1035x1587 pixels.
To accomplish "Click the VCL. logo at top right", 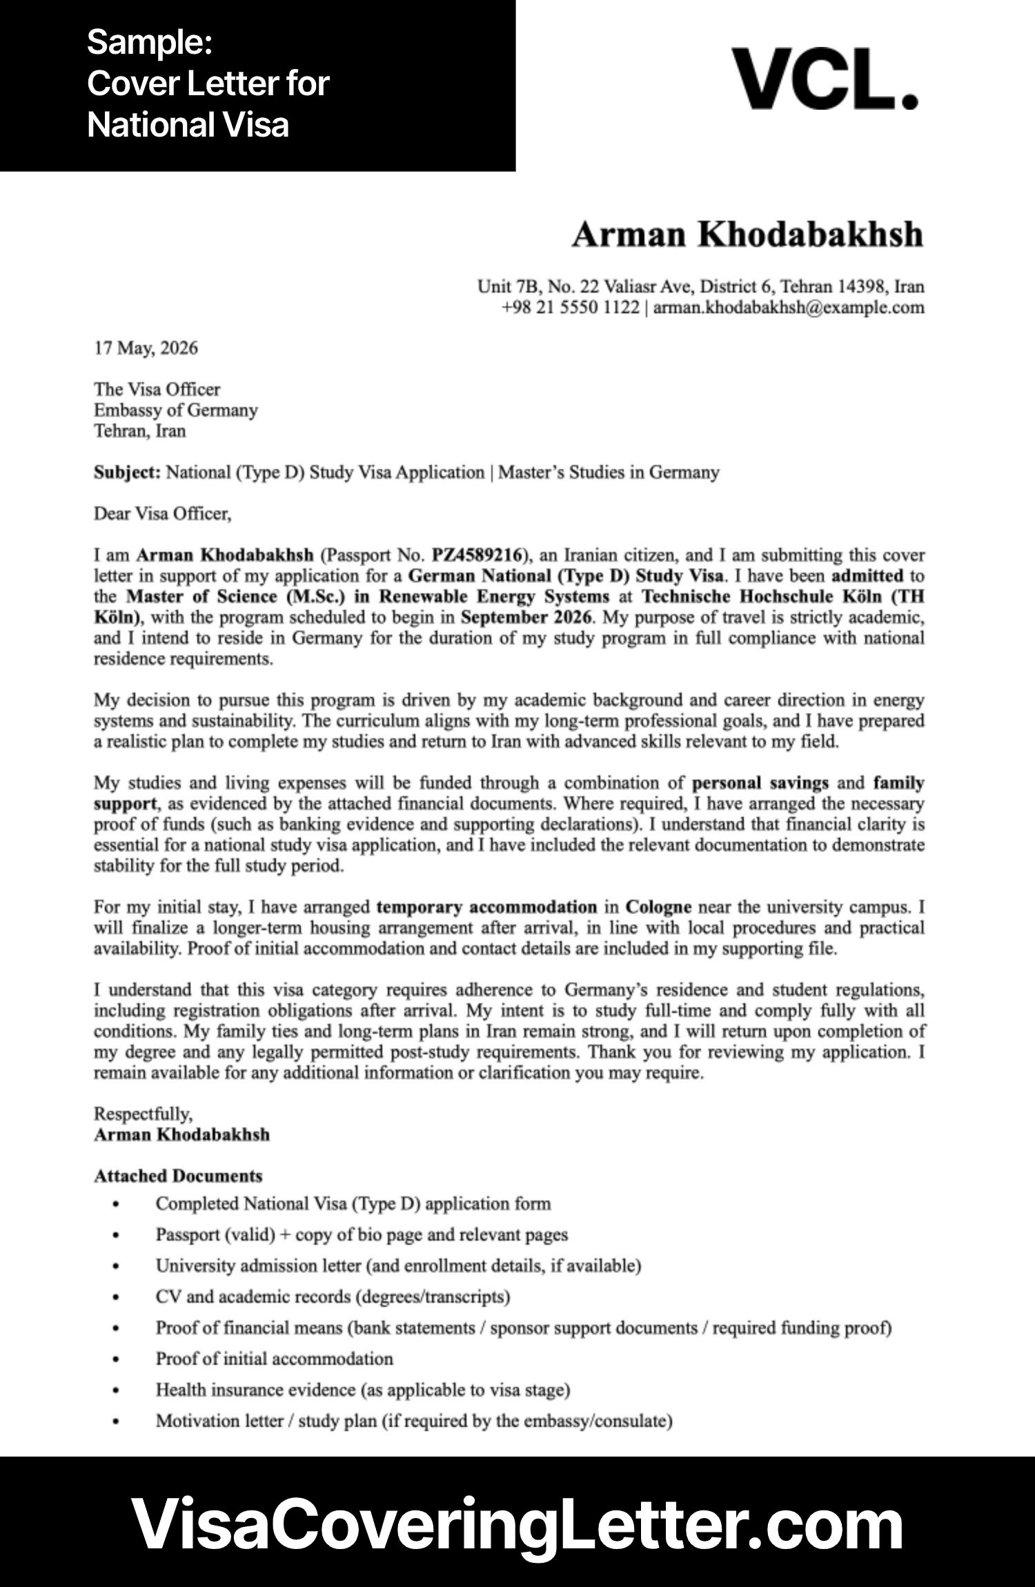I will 825,79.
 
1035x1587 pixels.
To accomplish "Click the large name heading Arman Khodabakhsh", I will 747,235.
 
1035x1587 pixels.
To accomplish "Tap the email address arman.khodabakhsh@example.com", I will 788,307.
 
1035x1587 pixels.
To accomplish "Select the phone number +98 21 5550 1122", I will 570,307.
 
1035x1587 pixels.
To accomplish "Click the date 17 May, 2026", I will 146,348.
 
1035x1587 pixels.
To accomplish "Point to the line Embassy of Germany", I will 175,410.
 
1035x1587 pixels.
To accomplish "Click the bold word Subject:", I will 127,473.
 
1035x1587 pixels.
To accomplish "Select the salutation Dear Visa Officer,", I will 162,514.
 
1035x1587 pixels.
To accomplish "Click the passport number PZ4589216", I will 475,555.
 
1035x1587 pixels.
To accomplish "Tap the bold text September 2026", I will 526,617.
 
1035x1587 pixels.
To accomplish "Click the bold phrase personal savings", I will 760,783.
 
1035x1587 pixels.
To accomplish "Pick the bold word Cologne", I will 658,907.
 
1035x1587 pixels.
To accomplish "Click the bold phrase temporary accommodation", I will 486,907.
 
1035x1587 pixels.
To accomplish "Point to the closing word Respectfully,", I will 143,1114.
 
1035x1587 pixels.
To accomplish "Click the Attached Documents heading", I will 178,1176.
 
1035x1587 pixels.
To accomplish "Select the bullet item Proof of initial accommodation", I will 274,1359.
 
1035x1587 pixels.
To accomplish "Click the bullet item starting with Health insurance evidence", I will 362,1390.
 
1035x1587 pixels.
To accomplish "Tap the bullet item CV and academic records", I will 333,1297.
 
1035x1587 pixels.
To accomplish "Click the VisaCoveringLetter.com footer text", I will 517,1524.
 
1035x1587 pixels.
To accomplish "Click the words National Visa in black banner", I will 188,126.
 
